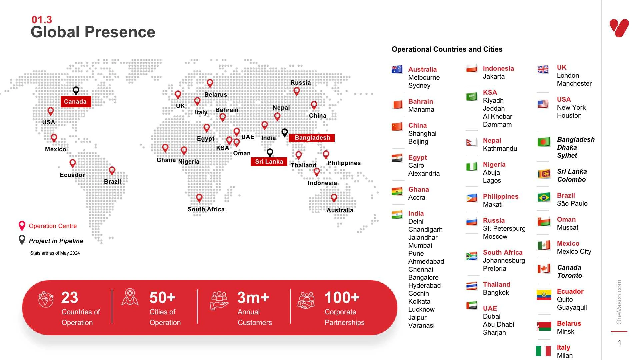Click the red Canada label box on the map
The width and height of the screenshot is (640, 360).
tap(76, 102)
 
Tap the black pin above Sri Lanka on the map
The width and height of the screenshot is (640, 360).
tap(270, 153)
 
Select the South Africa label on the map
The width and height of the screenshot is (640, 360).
tap(206, 209)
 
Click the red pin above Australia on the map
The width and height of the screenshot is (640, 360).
tap(334, 198)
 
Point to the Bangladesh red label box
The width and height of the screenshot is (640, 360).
tap(312, 138)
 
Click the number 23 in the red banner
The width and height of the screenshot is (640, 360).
tap(70, 298)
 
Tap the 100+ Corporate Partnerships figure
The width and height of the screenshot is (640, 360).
tap(342, 298)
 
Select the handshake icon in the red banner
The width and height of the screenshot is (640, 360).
tap(306, 301)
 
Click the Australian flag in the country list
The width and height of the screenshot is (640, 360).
tap(397, 69)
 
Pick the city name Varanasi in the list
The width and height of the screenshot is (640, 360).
tap(421, 325)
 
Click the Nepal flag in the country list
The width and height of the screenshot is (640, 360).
tap(471, 143)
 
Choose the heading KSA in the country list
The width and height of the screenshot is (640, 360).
tap(490, 92)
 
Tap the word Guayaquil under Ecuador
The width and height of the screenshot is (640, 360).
tap(572, 307)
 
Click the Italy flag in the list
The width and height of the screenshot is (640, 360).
tap(543, 351)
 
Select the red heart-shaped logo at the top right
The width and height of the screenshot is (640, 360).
tap(619, 28)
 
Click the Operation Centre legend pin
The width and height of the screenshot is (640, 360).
tap(22, 226)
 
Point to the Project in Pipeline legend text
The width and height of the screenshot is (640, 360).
tap(56, 241)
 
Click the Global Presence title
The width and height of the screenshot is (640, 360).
tap(93, 32)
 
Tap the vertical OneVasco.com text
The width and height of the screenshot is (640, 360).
tap(619, 302)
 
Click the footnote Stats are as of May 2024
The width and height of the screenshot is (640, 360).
tap(55, 253)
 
